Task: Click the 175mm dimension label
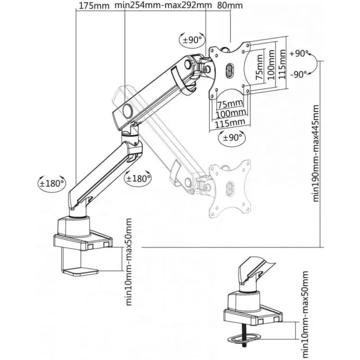(94, 6)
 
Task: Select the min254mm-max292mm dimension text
(163, 5)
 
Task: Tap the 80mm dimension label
(230, 5)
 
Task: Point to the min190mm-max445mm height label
(316, 154)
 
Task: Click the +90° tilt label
(299, 53)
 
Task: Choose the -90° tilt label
(299, 74)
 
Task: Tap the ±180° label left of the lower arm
(52, 183)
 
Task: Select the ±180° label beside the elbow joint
(138, 178)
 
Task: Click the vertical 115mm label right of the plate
(282, 64)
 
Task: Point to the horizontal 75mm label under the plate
(230, 103)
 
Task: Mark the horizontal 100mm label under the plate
(231, 113)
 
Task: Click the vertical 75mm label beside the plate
(259, 67)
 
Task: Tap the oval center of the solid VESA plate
(229, 69)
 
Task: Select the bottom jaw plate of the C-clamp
(80, 272)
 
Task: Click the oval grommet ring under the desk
(244, 338)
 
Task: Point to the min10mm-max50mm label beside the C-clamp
(129, 262)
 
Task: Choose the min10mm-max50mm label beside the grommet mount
(305, 315)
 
